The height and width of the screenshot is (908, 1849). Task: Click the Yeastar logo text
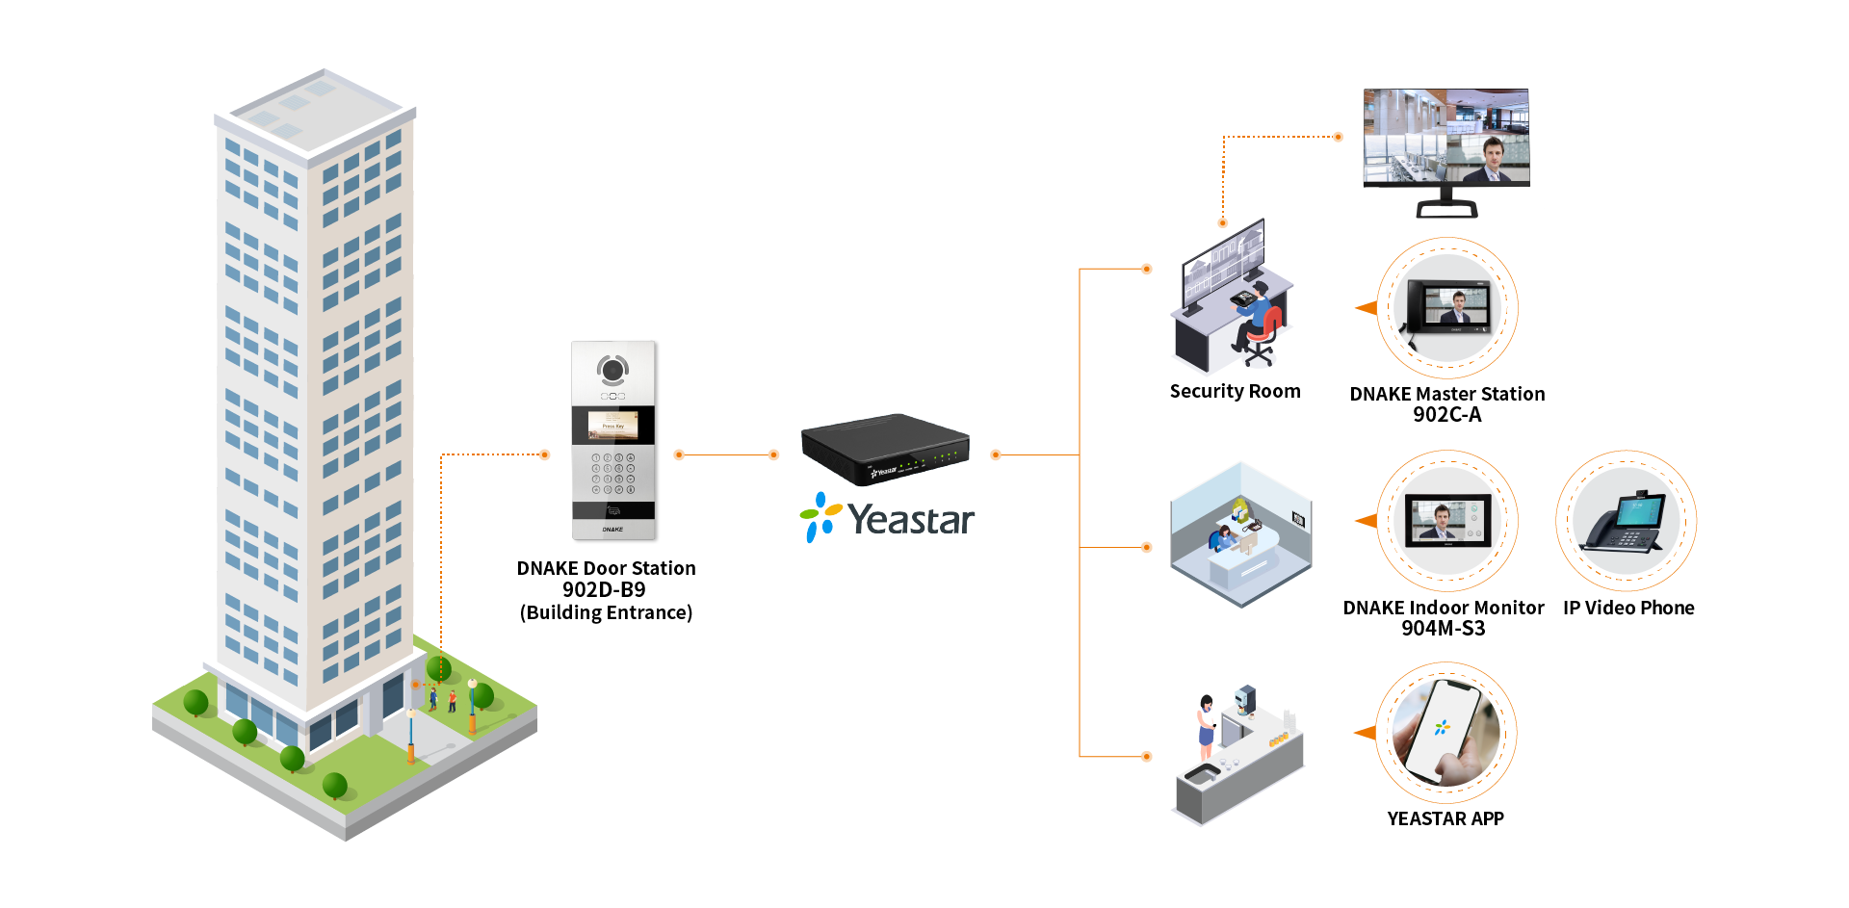tap(910, 520)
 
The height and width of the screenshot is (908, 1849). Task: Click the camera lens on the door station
tap(612, 369)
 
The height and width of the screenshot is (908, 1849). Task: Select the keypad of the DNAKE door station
tap(613, 474)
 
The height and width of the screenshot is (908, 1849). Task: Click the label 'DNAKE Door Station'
tap(606, 568)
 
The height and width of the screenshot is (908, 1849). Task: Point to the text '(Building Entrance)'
tap(606, 612)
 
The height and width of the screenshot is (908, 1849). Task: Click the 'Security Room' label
tap(1235, 391)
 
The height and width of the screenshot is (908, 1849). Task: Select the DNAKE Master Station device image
tap(1447, 307)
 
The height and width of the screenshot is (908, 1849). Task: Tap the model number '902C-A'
tap(1446, 415)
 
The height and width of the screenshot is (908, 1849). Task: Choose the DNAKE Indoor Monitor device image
tap(1446, 521)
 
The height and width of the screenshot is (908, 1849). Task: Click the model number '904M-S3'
tap(1443, 629)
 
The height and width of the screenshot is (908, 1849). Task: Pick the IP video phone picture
tap(1626, 521)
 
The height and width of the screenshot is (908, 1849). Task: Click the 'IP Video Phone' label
tap(1628, 608)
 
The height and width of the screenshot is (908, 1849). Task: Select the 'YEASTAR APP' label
tap(1445, 818)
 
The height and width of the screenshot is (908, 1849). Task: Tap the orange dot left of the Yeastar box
tap(773, 454)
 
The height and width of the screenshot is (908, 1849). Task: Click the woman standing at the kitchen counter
tap(1206, 727)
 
